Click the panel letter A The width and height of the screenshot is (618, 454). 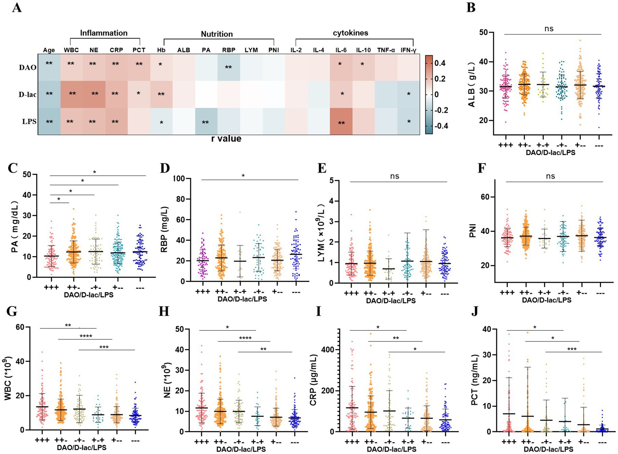[x=17, y=7]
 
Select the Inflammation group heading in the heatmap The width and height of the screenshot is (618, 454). [x=104, y=33]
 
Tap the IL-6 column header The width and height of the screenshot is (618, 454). [x=341, y=50]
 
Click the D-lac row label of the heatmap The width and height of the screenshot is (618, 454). [x=27, y=95]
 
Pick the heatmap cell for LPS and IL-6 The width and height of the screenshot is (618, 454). [x=341, y=122]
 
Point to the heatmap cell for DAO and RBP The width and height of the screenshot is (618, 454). [x=228, y=67]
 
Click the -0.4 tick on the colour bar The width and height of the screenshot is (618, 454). [x=441, y=126]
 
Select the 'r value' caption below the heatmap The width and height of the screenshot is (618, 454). [x=226, y=139]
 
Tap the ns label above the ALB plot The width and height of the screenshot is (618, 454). [x=549, y=29]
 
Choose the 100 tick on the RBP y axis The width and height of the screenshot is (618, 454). [x=179, y=179]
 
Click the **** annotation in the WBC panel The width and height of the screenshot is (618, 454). [x=86, y=336]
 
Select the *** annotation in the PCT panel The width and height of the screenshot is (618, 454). [x=572, y=349]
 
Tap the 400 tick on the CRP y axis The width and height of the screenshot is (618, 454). [x=328, y=350]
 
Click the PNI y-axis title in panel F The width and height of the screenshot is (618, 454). [x=473, y=231]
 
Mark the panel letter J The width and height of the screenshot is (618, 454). [x=475, y=311]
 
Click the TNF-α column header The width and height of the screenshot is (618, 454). [x=386, y=50]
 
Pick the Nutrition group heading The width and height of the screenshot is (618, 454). [x=217, y=34]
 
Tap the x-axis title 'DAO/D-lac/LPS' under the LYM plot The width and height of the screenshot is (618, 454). [x=391, y=301]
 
